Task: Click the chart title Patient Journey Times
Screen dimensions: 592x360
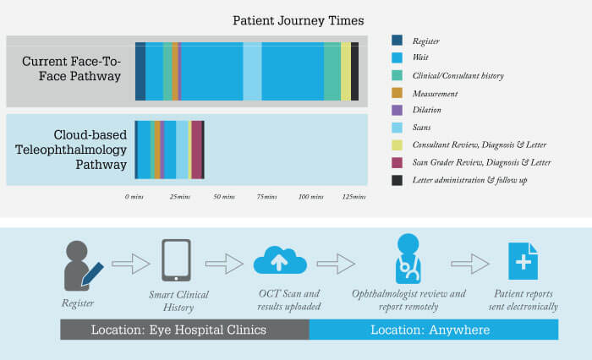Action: tap(298, 20)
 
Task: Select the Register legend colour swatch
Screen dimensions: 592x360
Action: tap(397, 40)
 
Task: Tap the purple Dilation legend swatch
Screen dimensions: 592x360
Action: tap(397, 110)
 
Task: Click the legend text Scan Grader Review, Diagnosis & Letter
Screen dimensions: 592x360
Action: tap(481, 162)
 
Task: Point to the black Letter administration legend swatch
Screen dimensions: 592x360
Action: tap(397, 180)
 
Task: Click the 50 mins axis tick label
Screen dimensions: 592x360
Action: tap(224, 197)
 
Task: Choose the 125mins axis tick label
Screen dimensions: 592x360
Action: tap(354, 197)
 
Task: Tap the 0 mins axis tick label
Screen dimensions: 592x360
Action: tap(134, 197)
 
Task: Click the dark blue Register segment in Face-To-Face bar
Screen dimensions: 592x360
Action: tap(140, 71)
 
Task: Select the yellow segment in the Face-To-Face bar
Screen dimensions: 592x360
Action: tap(346, 71)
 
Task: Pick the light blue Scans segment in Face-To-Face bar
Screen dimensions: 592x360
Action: tap(252, 71)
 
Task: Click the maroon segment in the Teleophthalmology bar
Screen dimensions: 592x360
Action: tap(197, 150)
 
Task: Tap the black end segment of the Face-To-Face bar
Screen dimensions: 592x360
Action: tap(355, 71)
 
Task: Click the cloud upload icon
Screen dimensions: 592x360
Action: tap(280, 260)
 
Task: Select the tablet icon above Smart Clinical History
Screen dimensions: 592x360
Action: tap(176, 260)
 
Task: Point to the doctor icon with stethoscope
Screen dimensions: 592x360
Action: tap(408, 259)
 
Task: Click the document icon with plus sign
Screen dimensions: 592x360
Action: tap(523, 261)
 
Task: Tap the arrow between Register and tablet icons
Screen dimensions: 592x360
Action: tap(130, 264)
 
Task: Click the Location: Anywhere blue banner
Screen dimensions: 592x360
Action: tap(433, 330)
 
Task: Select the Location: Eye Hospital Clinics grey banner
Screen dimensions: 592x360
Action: tap(184, 330)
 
